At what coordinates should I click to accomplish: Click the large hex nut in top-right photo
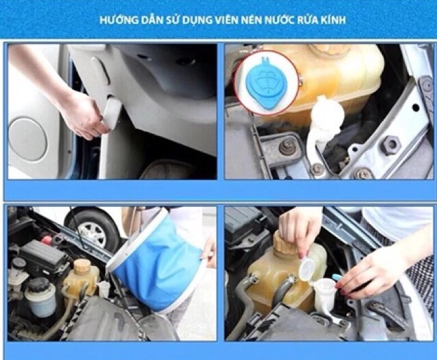coord(391,145)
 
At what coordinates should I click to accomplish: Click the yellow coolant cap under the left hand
coord(282,243)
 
